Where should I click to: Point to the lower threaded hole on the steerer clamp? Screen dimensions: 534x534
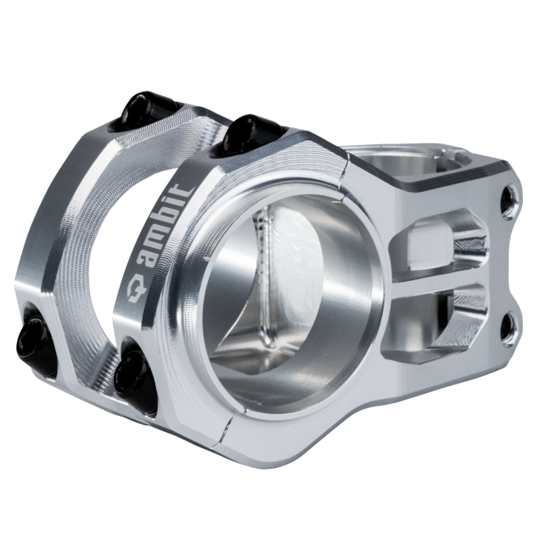pos(509,323)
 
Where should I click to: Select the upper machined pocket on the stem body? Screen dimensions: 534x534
pos(439,239)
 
